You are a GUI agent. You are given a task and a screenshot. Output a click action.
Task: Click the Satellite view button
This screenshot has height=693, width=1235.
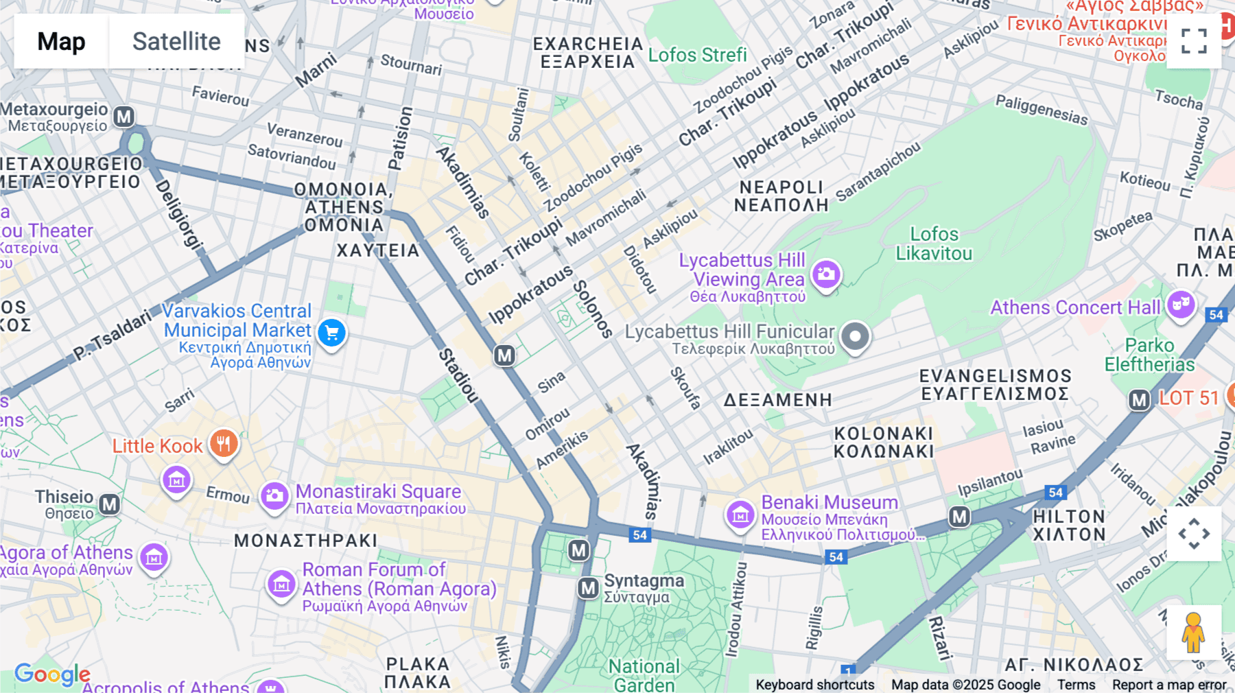[176, 41]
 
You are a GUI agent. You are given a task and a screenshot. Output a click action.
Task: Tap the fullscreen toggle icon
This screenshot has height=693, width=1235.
[1194, 41]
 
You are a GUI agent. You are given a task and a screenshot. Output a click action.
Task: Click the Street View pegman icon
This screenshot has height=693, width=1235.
[1194, 632]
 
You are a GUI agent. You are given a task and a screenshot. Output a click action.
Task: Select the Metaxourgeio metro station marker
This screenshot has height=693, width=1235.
[124, 117]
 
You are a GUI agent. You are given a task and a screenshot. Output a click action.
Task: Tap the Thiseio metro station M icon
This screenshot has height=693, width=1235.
[110, 505]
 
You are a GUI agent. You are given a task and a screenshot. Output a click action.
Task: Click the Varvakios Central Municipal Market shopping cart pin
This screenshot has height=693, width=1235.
[332, 333]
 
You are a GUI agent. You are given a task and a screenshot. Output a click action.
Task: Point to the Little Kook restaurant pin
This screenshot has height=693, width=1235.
[224, 443]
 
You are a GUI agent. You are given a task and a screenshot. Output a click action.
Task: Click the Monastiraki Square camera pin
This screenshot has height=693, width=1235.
[274, 495]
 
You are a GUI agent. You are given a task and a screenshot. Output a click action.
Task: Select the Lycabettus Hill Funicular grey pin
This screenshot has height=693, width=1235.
[855, 336]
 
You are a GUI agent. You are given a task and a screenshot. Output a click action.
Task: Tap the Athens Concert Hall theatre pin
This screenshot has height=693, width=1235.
[1181, 303]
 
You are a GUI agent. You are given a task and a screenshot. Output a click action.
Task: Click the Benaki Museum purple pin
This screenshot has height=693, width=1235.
[740, 514]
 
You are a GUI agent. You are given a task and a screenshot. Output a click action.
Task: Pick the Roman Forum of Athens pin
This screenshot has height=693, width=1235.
[281, 585]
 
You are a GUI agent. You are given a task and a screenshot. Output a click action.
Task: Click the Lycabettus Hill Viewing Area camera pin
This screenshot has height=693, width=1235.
[826, 274]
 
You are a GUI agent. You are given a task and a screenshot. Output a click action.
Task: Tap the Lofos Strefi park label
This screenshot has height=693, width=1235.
[697, 55]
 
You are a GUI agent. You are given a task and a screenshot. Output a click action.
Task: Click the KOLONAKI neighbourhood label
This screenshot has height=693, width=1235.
[884, 443]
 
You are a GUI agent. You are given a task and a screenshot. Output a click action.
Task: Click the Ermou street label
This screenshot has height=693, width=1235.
[228, 494]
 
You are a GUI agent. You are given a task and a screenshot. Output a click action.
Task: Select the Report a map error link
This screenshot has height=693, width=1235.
[1169, 685]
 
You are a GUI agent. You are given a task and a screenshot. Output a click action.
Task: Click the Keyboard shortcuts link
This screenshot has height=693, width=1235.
[814, 685]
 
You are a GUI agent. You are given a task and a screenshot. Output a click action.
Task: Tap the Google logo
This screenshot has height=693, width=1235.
[51, 674]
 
